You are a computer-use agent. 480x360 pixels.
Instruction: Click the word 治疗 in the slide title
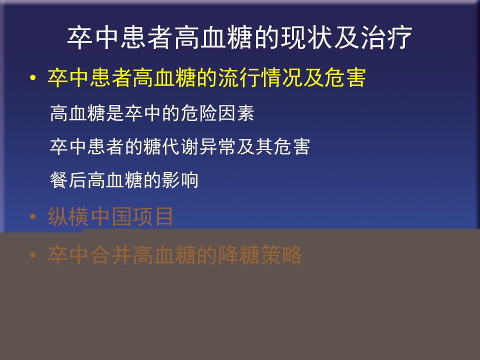(386, 37)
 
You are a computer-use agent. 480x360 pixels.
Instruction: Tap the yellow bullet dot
(33, 78)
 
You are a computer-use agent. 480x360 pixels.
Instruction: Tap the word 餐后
(68, 179)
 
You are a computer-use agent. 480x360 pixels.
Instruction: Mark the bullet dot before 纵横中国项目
(33, 216)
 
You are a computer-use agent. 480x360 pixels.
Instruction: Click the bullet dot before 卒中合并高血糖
(33, 255)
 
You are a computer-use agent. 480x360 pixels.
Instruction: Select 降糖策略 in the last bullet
(259, 254)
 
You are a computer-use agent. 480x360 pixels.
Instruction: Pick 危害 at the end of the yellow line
(344, 77)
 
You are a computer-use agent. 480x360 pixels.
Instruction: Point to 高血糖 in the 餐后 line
(115, 179)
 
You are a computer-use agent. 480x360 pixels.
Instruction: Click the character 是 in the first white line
(115, 113)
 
